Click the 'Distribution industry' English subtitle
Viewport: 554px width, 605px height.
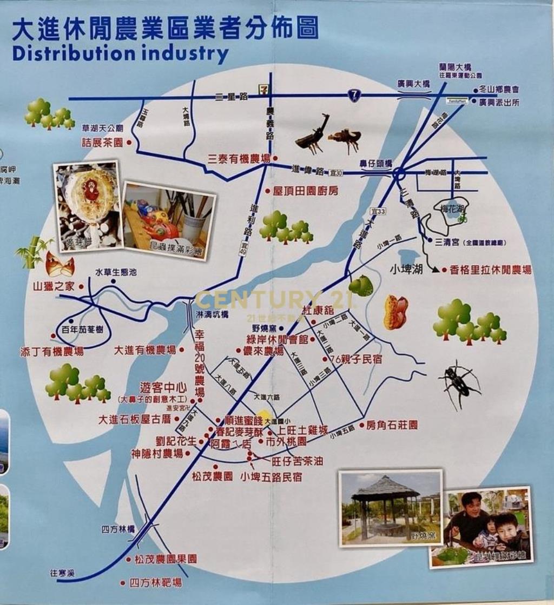pos(120,54)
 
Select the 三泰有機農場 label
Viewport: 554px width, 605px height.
pos(239,159)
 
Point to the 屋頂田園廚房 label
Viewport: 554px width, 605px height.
pos(306,191)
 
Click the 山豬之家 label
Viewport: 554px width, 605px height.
pos(54,287)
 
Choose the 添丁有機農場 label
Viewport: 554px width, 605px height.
pos(52,352)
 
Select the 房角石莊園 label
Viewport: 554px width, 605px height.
pos(392,425)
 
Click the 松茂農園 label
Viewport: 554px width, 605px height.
pos(212,476)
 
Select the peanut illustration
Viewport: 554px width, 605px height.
pos(395,312)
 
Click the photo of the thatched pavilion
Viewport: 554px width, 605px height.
pos(390,507)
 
